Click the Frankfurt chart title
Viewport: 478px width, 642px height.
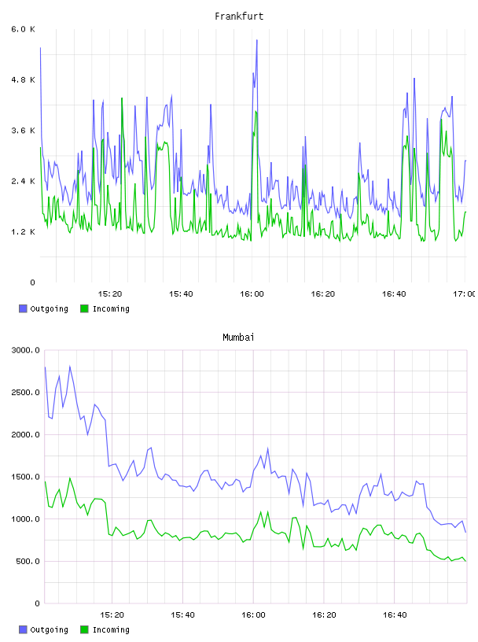pyautogui.click(x=239, y=16)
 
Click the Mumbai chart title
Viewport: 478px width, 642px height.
pyautogui.click(x=238, y=337)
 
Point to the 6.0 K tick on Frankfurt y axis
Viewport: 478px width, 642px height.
pyautogui.click(x=24, y=29)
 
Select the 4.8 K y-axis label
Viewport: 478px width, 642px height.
pyautogui.click(x=24, y=79)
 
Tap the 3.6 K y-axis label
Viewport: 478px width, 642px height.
pyautogui.click(x=24, y=131)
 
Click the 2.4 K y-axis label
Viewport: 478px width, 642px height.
pyautogui.click(x=24, y=181)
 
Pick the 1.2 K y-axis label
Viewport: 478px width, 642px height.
pyautogui.click(x=24, y=232)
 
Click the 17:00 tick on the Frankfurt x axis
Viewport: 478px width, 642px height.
pyautogui.click(x=465, y=293)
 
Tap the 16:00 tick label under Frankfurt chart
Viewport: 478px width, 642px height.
pyautogui.click(x=252, y=293)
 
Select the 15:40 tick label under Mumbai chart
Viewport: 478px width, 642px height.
pyautogui.click(x=182, y=614)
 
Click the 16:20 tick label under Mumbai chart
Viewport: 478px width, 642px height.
pyautogui.click(x=324, y=614)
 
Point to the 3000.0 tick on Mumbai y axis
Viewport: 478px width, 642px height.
pyautogui.click(x=26, y=350)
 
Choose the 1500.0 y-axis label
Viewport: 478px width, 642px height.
pyautogui.click(x=26, y=477)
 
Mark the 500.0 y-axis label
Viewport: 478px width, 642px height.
pyautogui.click(x=28, y=561)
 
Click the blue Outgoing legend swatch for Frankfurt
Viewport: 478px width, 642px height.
pyautogui.click(x=23, y=308)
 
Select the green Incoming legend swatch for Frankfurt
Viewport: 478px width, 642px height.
pyautogui.click(x=84, y=308)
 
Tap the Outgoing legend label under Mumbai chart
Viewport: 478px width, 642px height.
pyautogui.click(x=49, y=629)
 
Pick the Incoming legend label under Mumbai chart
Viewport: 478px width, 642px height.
pyautogui.click(x=111, y=629)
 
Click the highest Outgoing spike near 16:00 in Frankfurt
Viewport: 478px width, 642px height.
pyautogui.click(x=257, y=40)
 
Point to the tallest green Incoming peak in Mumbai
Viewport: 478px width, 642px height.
pyautogui.click(x=70, y=478)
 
